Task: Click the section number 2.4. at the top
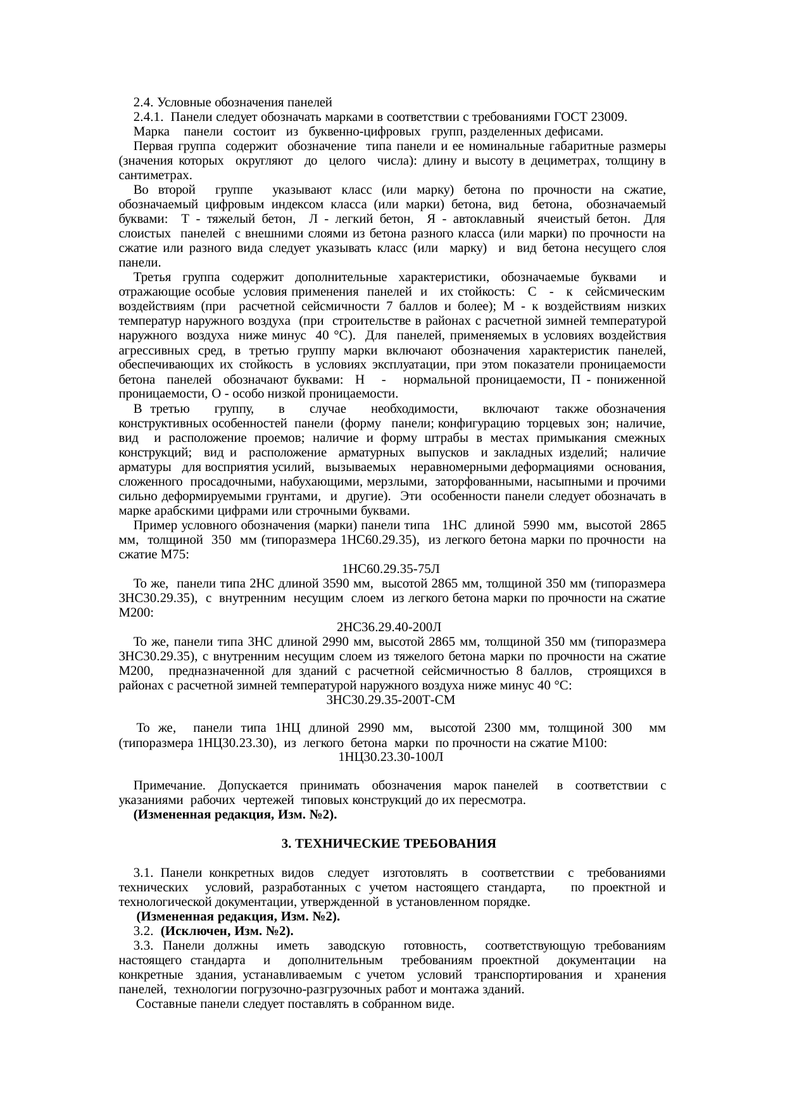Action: point(143,102)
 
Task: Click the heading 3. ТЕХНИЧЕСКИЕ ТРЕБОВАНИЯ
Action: point(389,844)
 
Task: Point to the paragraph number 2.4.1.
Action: point(149,117)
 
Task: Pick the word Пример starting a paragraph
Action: point(151,525)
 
